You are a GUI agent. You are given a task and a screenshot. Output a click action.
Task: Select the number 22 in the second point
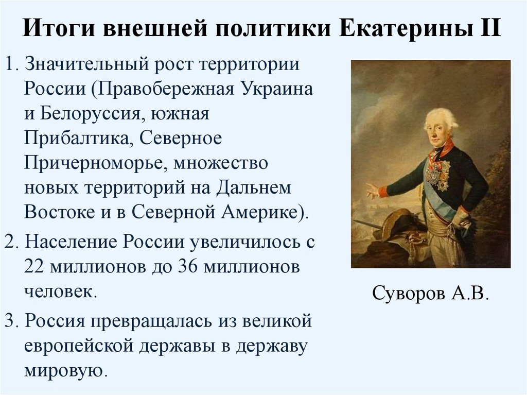(34, 266)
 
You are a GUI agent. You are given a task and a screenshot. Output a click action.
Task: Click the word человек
(58, 290)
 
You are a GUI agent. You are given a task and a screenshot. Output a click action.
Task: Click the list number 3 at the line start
(9, 321)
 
